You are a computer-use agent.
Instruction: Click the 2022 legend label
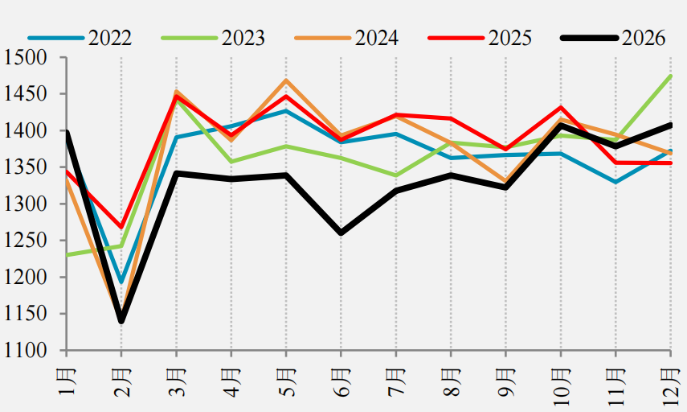(110, 38)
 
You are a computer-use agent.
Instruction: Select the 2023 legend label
(243, 38)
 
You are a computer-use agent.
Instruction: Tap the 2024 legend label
(377, 38)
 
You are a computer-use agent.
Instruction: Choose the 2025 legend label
(510, 38)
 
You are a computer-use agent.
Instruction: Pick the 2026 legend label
(644, 38)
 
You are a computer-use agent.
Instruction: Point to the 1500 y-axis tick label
(25, 57)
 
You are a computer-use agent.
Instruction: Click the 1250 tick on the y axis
(25, 241)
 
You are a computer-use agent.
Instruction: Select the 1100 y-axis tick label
(25, 351)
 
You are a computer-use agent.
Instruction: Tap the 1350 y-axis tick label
(25, 167)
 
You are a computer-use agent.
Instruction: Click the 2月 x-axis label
(122, 382)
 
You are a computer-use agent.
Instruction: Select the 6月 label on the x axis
(341, 382)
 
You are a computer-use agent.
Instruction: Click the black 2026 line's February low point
(121, 321)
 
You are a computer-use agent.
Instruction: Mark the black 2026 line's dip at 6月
(341, 233)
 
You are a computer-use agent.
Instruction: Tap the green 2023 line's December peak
(670, 76)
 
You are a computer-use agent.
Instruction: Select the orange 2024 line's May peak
(286, 80)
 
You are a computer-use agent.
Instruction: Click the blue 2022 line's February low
(121, 282)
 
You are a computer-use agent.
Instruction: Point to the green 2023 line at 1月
(67, 255)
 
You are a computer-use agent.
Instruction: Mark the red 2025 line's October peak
(561, 107)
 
